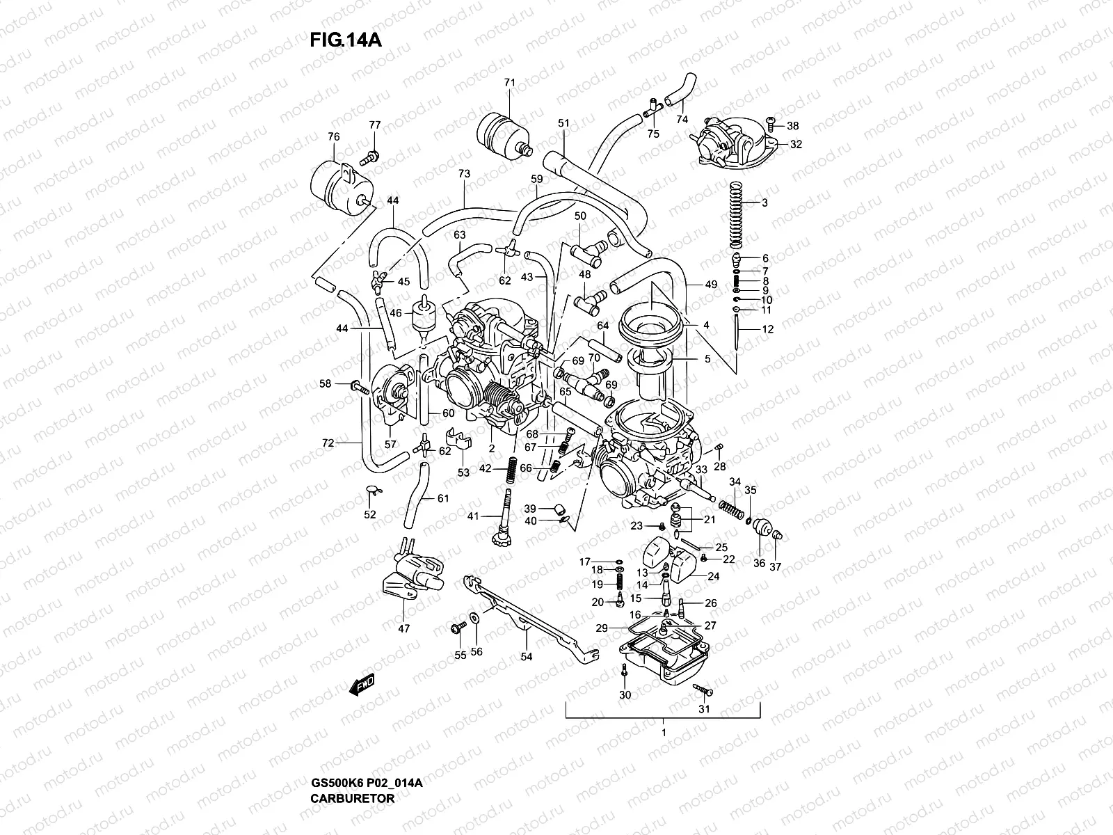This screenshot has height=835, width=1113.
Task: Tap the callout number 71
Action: click(x=509, y=83)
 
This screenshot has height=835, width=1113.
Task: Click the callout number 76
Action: click(x=333, y=137)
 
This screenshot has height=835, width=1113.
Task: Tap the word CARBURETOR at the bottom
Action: click(x=352, y=799)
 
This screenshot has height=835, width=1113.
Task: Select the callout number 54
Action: click(x=526, y=656)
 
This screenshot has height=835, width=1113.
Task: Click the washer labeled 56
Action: click(x=474, y=617)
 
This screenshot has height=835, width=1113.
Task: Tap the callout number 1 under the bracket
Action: click(x=664, y=733)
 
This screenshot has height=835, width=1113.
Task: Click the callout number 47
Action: click(x=404, y=628)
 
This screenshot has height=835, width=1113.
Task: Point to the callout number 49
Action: click(x=710, y=284)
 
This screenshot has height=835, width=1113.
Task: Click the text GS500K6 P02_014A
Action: click(x=366, y=784)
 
